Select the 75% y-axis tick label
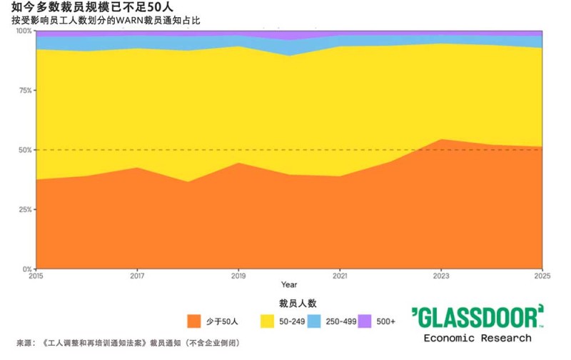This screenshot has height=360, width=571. (24, 91)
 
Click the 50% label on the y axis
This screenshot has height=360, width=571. (24, 150)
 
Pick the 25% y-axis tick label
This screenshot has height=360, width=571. (24, 209)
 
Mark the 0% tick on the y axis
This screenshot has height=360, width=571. (26, 269)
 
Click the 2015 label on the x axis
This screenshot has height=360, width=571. (36, 275)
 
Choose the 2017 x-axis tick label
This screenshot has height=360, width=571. (137, 275)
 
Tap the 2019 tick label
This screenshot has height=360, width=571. (238, 275)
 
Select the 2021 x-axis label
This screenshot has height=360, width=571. (340, 275)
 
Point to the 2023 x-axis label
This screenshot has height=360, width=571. (441, 275)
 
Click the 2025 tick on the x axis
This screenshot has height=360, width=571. (542, 275)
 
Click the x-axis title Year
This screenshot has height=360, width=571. (289, 285)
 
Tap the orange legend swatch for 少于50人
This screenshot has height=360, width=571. (193, 321)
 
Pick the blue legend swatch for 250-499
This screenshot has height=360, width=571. (316, 321)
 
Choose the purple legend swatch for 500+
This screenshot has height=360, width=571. (365, 321)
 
